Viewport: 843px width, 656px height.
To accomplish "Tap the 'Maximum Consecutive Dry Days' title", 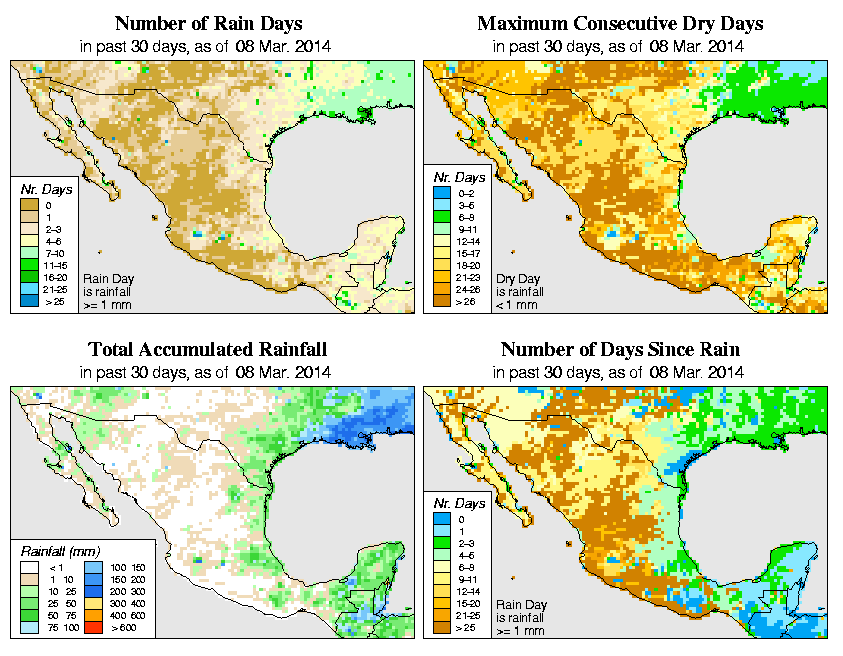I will [621, 23].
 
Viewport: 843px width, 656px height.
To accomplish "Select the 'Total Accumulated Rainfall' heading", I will [207, 350].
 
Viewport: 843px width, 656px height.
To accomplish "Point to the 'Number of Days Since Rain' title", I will [621, 350].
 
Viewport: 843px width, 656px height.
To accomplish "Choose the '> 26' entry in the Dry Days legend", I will [464, 301].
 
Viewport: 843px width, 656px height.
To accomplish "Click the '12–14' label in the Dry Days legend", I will [465, 241].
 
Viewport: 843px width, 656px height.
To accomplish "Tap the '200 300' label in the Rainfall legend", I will [120, 591].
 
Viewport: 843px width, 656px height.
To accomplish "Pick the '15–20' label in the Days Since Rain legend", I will [466, 603].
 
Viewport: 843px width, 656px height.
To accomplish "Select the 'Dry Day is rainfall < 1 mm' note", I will [517, 290].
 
